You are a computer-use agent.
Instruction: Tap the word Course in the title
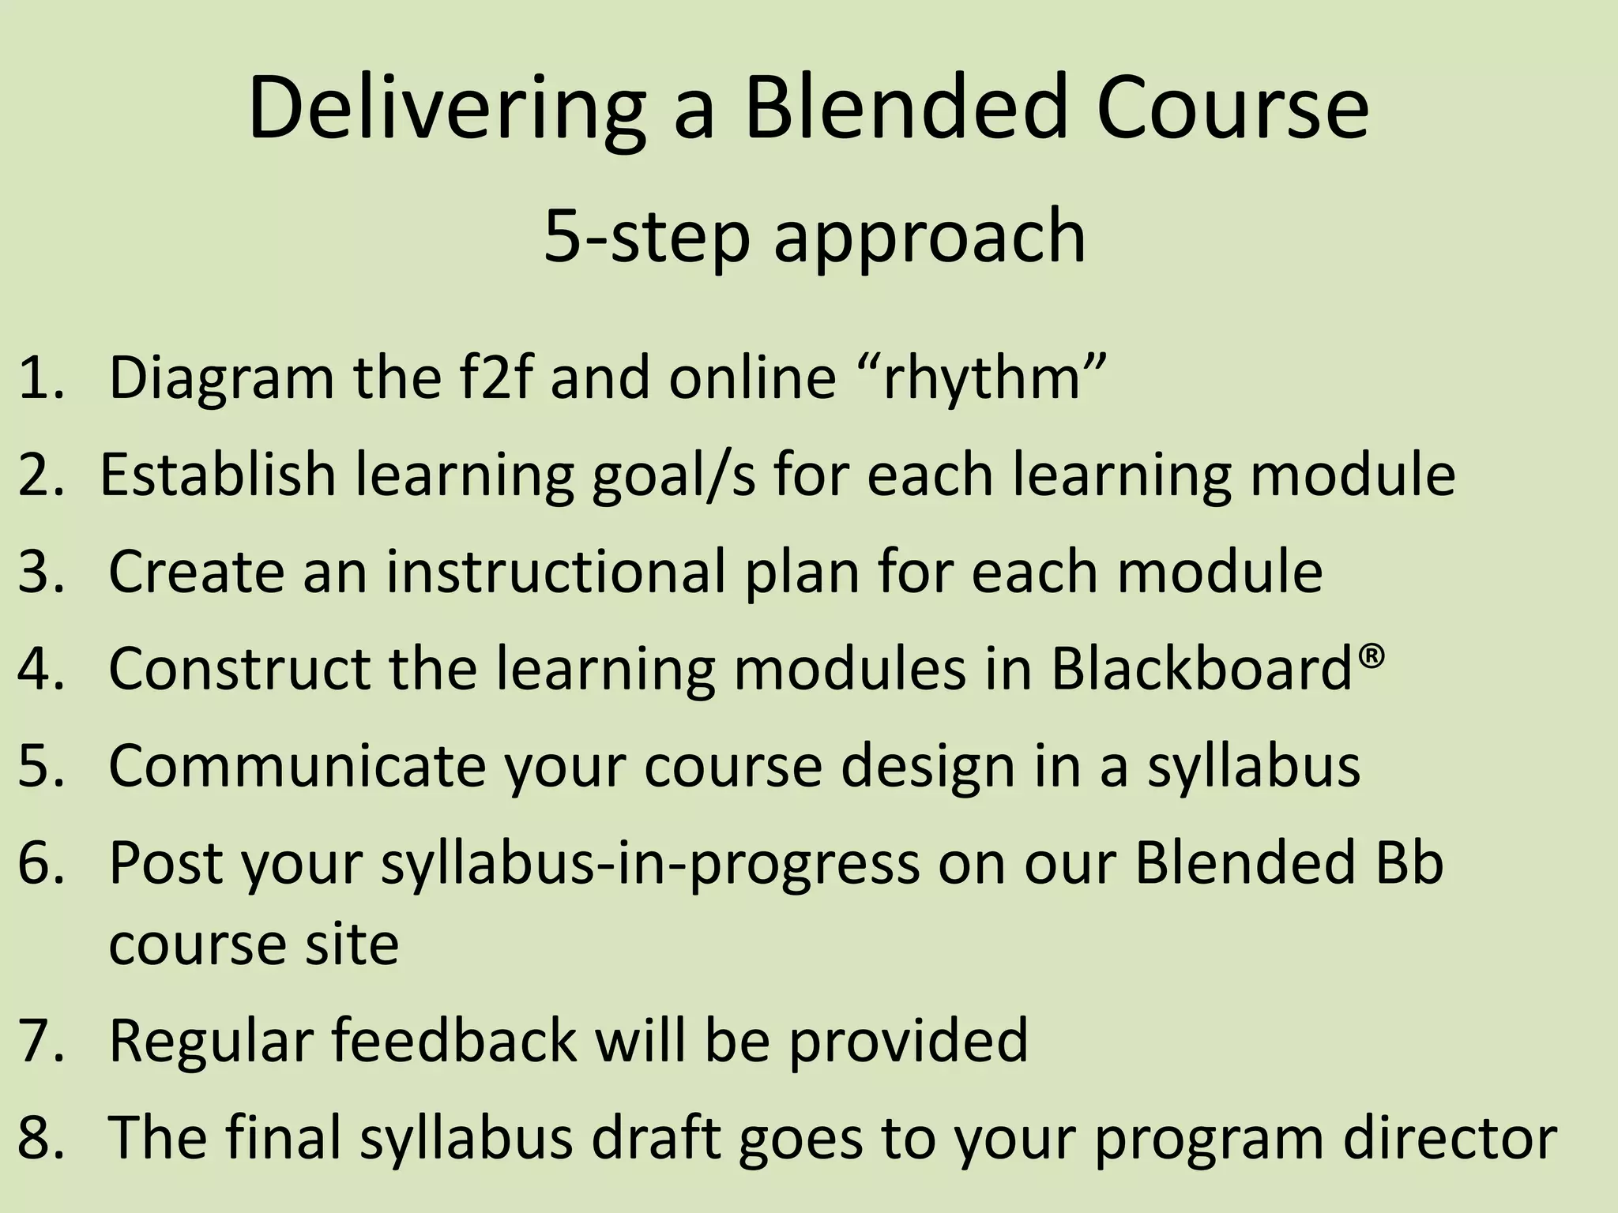pyautogui.click(x=1232, y=108)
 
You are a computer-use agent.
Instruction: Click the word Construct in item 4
pyautogui.click(x=239, y=668)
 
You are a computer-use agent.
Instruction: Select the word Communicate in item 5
pyautogui.click(x=296, y=765)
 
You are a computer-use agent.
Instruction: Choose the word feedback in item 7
pyautogui.click(x=453, y=1040)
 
